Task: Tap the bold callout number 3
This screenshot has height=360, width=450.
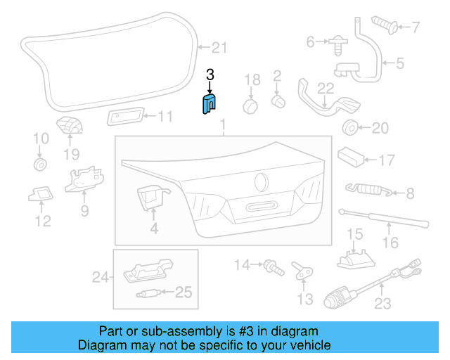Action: (x=210, y=75)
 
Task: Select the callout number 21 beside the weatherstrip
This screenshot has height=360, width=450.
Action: (x=220, y=48)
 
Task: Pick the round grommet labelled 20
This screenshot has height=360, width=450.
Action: (x=347, y=129)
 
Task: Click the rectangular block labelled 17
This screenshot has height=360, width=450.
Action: (x=352, y=156)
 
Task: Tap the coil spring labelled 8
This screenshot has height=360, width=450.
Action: (x=364, y=188)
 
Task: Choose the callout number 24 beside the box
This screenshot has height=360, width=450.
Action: (x=102, y=278)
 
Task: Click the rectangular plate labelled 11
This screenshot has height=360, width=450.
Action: (x=126, y=117)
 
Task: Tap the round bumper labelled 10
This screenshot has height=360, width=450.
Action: (x=40, y=165)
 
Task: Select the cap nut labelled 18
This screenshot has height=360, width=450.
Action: (x=250, y=106)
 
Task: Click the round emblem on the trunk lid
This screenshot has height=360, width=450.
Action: (x=262, y=181)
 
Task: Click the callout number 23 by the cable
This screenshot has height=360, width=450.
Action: (x=382, y=304)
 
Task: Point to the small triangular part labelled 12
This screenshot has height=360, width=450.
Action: (x=41, y=192)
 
